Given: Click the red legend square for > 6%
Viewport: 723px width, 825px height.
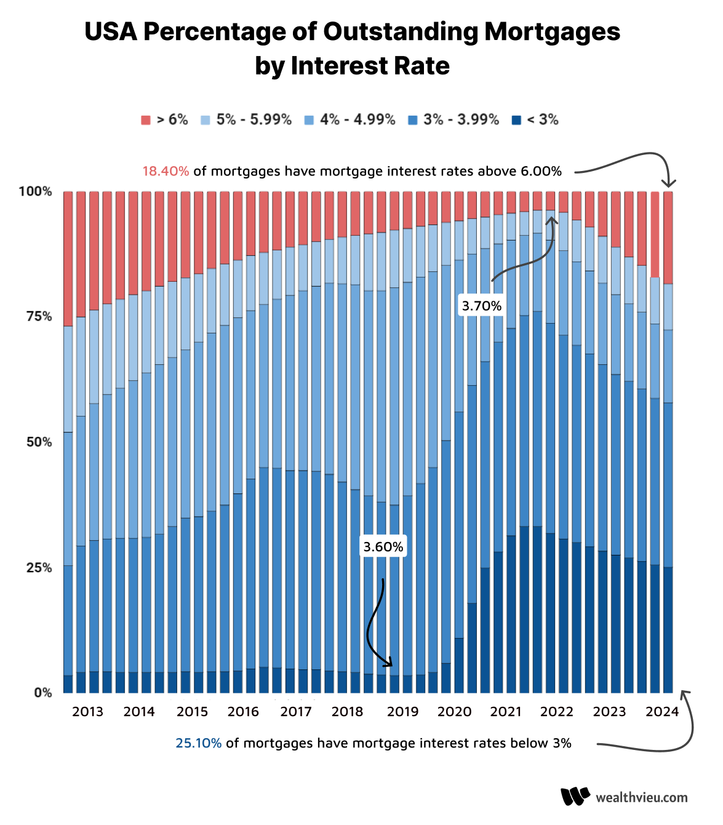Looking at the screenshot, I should tap(146, 120).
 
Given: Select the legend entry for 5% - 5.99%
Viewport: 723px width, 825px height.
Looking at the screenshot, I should tap(246, 120).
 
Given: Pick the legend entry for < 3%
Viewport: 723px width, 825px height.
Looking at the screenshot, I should tap(535, 120).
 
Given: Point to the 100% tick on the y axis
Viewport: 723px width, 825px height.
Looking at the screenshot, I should tap(35, 191).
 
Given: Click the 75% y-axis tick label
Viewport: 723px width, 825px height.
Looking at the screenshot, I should tap(38, 316).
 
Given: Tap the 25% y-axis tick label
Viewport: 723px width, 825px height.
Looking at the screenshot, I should tap(38, 567).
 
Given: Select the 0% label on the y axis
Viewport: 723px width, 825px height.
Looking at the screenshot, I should tap(42, 693).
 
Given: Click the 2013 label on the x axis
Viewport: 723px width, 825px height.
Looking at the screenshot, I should tap(87, 712).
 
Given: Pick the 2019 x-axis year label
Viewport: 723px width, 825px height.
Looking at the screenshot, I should tap(402, 712).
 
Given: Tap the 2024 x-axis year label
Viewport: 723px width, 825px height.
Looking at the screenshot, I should tap(662, 712).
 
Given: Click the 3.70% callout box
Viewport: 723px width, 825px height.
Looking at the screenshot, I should tap(482, 306).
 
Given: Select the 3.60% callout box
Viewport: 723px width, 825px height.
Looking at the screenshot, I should tap(383, 547).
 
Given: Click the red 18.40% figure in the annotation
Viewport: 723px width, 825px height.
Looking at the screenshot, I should tap(166, 171).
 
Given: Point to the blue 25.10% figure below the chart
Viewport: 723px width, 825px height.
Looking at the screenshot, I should tap(198, 743).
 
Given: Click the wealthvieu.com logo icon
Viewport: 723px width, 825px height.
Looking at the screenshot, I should tap(575, 797).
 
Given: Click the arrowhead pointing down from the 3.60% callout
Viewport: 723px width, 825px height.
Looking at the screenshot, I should tap(388, 663).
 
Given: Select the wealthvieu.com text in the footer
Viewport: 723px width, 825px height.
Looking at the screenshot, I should tap(642, 797).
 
